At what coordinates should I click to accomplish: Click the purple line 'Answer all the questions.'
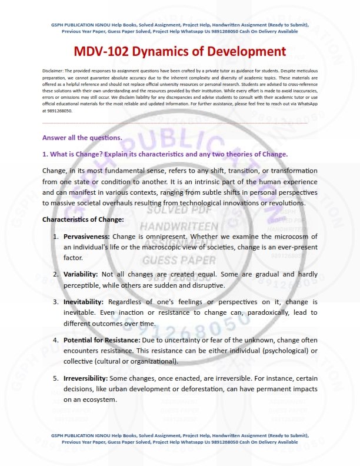click(82, 138)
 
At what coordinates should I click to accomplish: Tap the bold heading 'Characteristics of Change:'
click(83, 219)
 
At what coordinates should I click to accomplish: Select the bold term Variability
click(81, 274)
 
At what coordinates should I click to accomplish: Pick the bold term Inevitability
click(84, 301)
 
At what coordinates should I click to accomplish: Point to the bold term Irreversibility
click(85, 378)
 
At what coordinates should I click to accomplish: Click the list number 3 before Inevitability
click(55, 301)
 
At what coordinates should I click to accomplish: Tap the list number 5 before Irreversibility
click(55, 378)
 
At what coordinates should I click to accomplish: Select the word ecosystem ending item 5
click(95, 400)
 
